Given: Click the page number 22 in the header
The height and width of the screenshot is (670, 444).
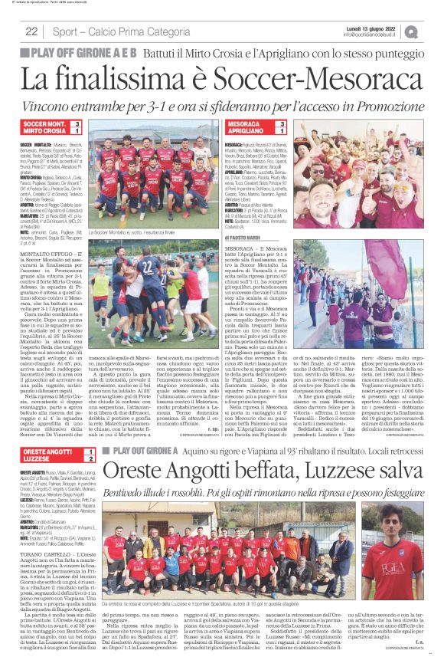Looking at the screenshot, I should tap(31, 31).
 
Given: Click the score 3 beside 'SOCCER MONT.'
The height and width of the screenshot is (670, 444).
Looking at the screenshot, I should tap(77, 123).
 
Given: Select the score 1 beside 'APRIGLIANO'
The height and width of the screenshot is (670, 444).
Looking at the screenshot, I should tap(283, 131).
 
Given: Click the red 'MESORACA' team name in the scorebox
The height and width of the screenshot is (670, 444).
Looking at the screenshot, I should tap(244, 123).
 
